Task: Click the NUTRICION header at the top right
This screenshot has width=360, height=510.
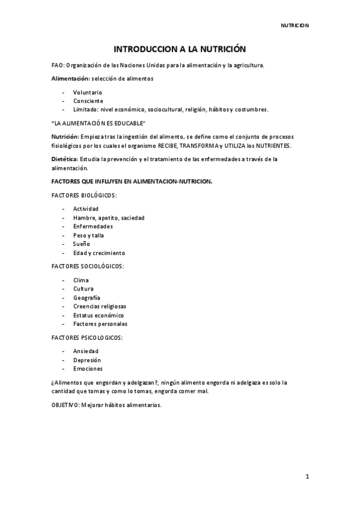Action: tap(295, 25)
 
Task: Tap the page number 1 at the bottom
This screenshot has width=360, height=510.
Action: tap(307, 477)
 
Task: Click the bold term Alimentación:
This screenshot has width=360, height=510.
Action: tap(71, 79)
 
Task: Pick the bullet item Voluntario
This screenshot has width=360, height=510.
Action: tap(88, 92)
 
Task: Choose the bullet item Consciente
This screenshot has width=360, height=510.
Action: tap(88, 101)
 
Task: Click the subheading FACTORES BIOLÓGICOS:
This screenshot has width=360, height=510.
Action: tap(84, 195)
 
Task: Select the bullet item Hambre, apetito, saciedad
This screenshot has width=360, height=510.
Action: tap(109, 217)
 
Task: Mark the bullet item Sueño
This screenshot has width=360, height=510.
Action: tap(82, 244)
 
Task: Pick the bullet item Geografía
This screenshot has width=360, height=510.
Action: tap(87, 298)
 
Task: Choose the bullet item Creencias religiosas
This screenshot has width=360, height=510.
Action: tap(100, 306)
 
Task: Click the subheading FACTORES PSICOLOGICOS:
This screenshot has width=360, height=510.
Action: tap(87, 337)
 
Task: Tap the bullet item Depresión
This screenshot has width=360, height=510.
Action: tap(88, 360)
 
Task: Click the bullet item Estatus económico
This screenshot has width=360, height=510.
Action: tap(99, 315)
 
